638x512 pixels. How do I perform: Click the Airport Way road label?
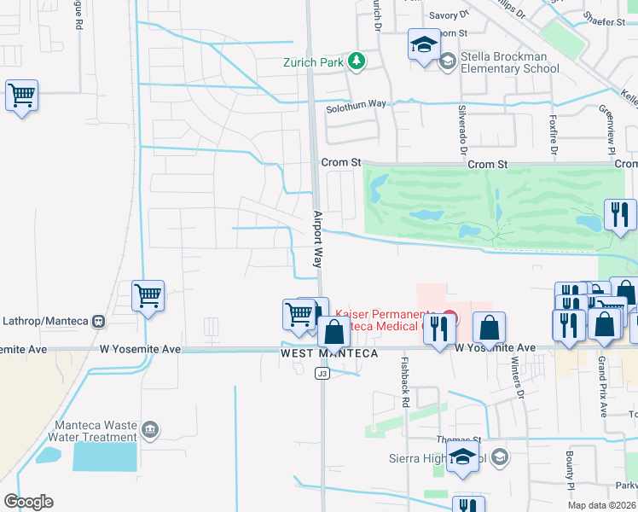click(x=317, y=240)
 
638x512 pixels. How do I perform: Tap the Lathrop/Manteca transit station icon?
click(x=98, y=322)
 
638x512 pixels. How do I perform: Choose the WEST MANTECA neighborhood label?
click(x=329, y=353)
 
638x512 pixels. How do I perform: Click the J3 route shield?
click(x=322, y=373)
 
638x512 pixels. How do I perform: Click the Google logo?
click(x=28, y=501)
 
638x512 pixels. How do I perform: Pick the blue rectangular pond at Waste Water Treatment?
click(x=104, y=457)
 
